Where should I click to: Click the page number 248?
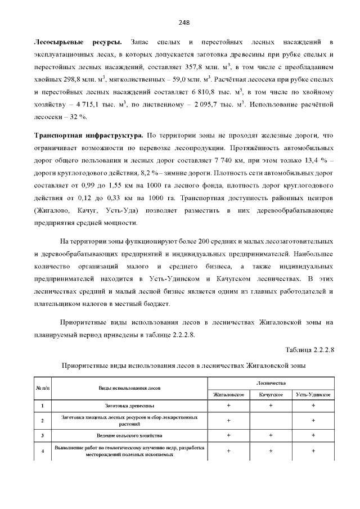tap(183, 22)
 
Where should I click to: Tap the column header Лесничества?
tap(271, 382)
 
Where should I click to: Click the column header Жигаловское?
tap(228, 395)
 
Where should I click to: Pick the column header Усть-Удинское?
tap(313, 395)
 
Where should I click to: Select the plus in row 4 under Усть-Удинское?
tap(313, 451)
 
